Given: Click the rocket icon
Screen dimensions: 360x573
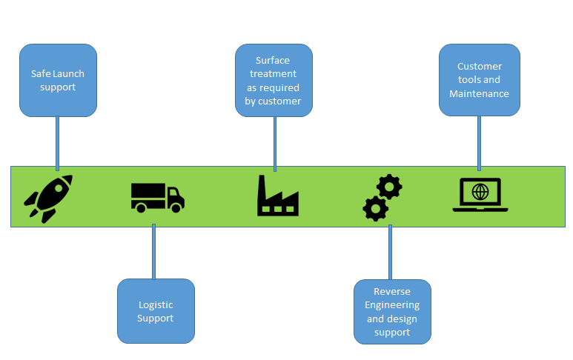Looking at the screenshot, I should pyautogui.click(x=48, y=198).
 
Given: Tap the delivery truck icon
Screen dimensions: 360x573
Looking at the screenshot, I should pyautogui.click(x=157, y=197).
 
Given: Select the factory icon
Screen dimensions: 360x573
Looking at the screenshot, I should pyautogui.click(x=277, y=196).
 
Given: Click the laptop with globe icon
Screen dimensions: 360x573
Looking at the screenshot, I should pyautogui.click(x=480, y=195).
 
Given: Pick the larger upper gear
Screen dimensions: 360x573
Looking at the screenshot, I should pyautogui.click(x=389, y=187).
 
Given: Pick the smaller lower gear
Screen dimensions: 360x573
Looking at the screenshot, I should pyautogui.click(x=375, y=209).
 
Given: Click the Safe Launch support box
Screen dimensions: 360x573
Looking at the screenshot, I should pyautogui.click(x=58, y=80).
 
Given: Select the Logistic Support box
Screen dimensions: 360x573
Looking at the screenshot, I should pyautogui.click(x=156, y=311).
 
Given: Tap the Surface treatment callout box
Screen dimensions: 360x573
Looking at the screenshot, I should pyautogui.click(x=274, y=80).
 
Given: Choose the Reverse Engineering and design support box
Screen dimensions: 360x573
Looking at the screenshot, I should pyautogui.click(x=392, y=312).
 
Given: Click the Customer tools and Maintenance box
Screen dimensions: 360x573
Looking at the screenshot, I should pyautogui.click(x=479, y=80).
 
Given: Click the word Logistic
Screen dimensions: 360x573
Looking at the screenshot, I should pyautogui.click(x=156, y=304).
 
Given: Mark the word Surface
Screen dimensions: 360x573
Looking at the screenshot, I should pyautogui.click(x=273, y=60).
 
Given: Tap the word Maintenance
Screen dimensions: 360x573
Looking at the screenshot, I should pyautogui.click(x=479, y=93).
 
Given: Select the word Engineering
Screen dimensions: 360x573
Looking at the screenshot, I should pyautogui.click(x=392, y=305).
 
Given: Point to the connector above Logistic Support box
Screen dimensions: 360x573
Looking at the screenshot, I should pyautogui.click(x=153, y=252).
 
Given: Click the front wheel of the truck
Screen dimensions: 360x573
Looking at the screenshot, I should pyautogui.click(x=175, y=208).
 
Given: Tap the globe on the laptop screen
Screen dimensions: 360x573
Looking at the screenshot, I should pyautogui.click(x=480, y=192).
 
